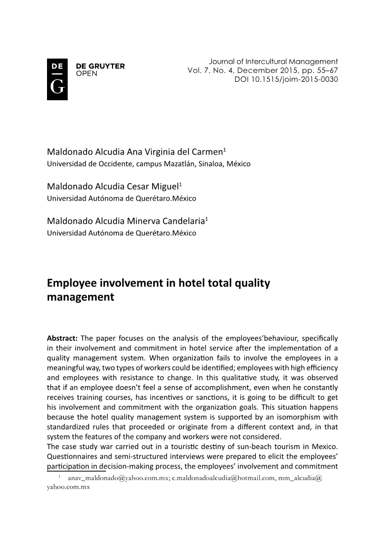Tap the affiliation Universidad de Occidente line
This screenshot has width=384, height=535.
(x=148, y=164)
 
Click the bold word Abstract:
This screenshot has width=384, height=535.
(x=62, y=338)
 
